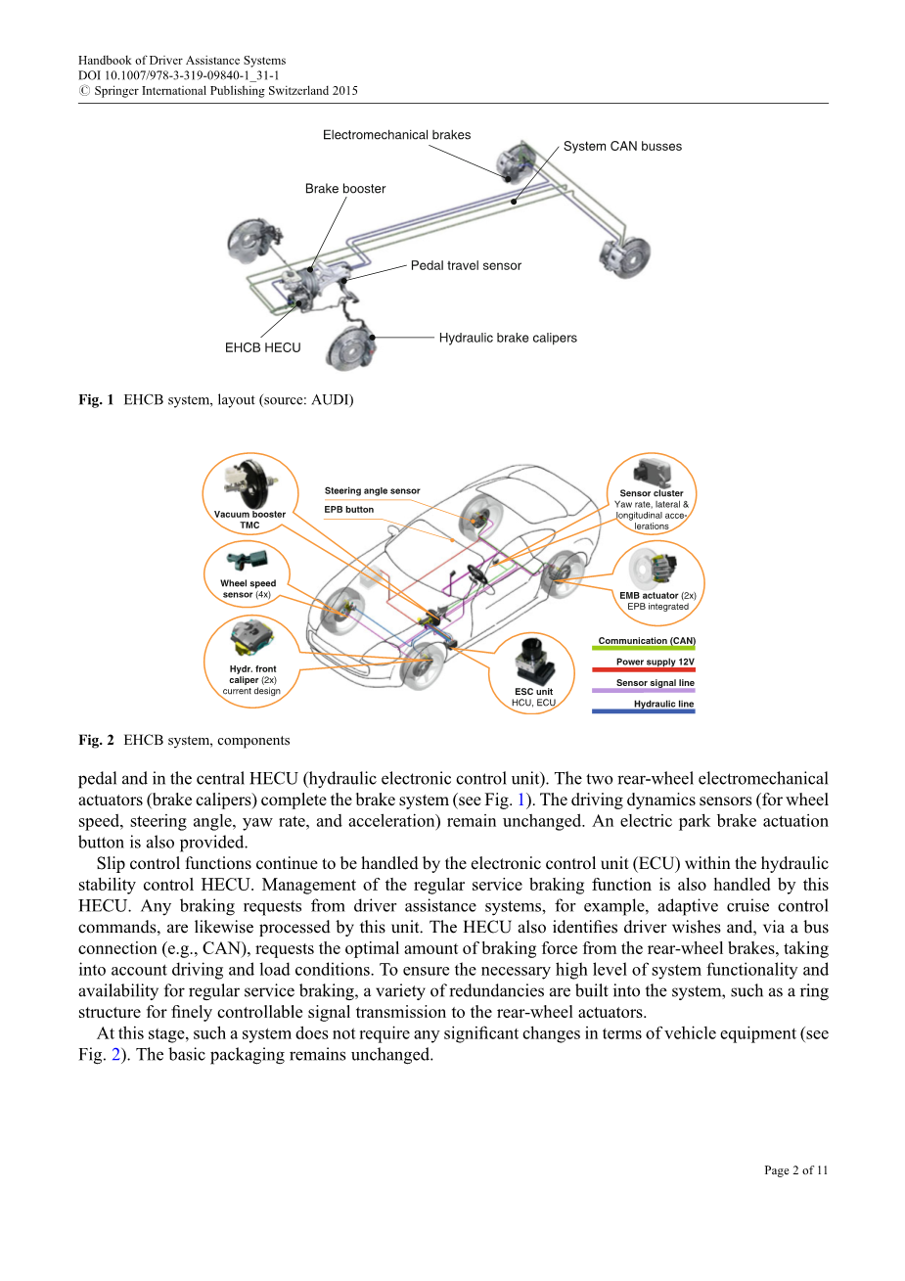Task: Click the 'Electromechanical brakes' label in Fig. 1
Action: point(396,135)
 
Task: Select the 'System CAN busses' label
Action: point(622,147)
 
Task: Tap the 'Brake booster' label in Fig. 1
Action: point(345,189)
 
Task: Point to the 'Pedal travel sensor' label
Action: point(466,265)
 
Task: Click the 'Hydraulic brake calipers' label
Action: point(508,338)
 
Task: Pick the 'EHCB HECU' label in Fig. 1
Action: point(262,347)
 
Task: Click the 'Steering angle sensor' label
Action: point(372,491)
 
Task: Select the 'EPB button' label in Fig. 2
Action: point(349,510)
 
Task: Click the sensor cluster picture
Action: point(652,472)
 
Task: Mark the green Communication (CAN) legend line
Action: point(644,649)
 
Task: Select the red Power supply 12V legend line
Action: point(644,670)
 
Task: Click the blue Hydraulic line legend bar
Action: point(644,711)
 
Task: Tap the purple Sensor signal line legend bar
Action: point(644,691)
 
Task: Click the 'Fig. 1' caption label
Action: point(96,399)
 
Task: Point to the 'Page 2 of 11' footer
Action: point(795,1170)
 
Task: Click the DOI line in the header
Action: point(178,75)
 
